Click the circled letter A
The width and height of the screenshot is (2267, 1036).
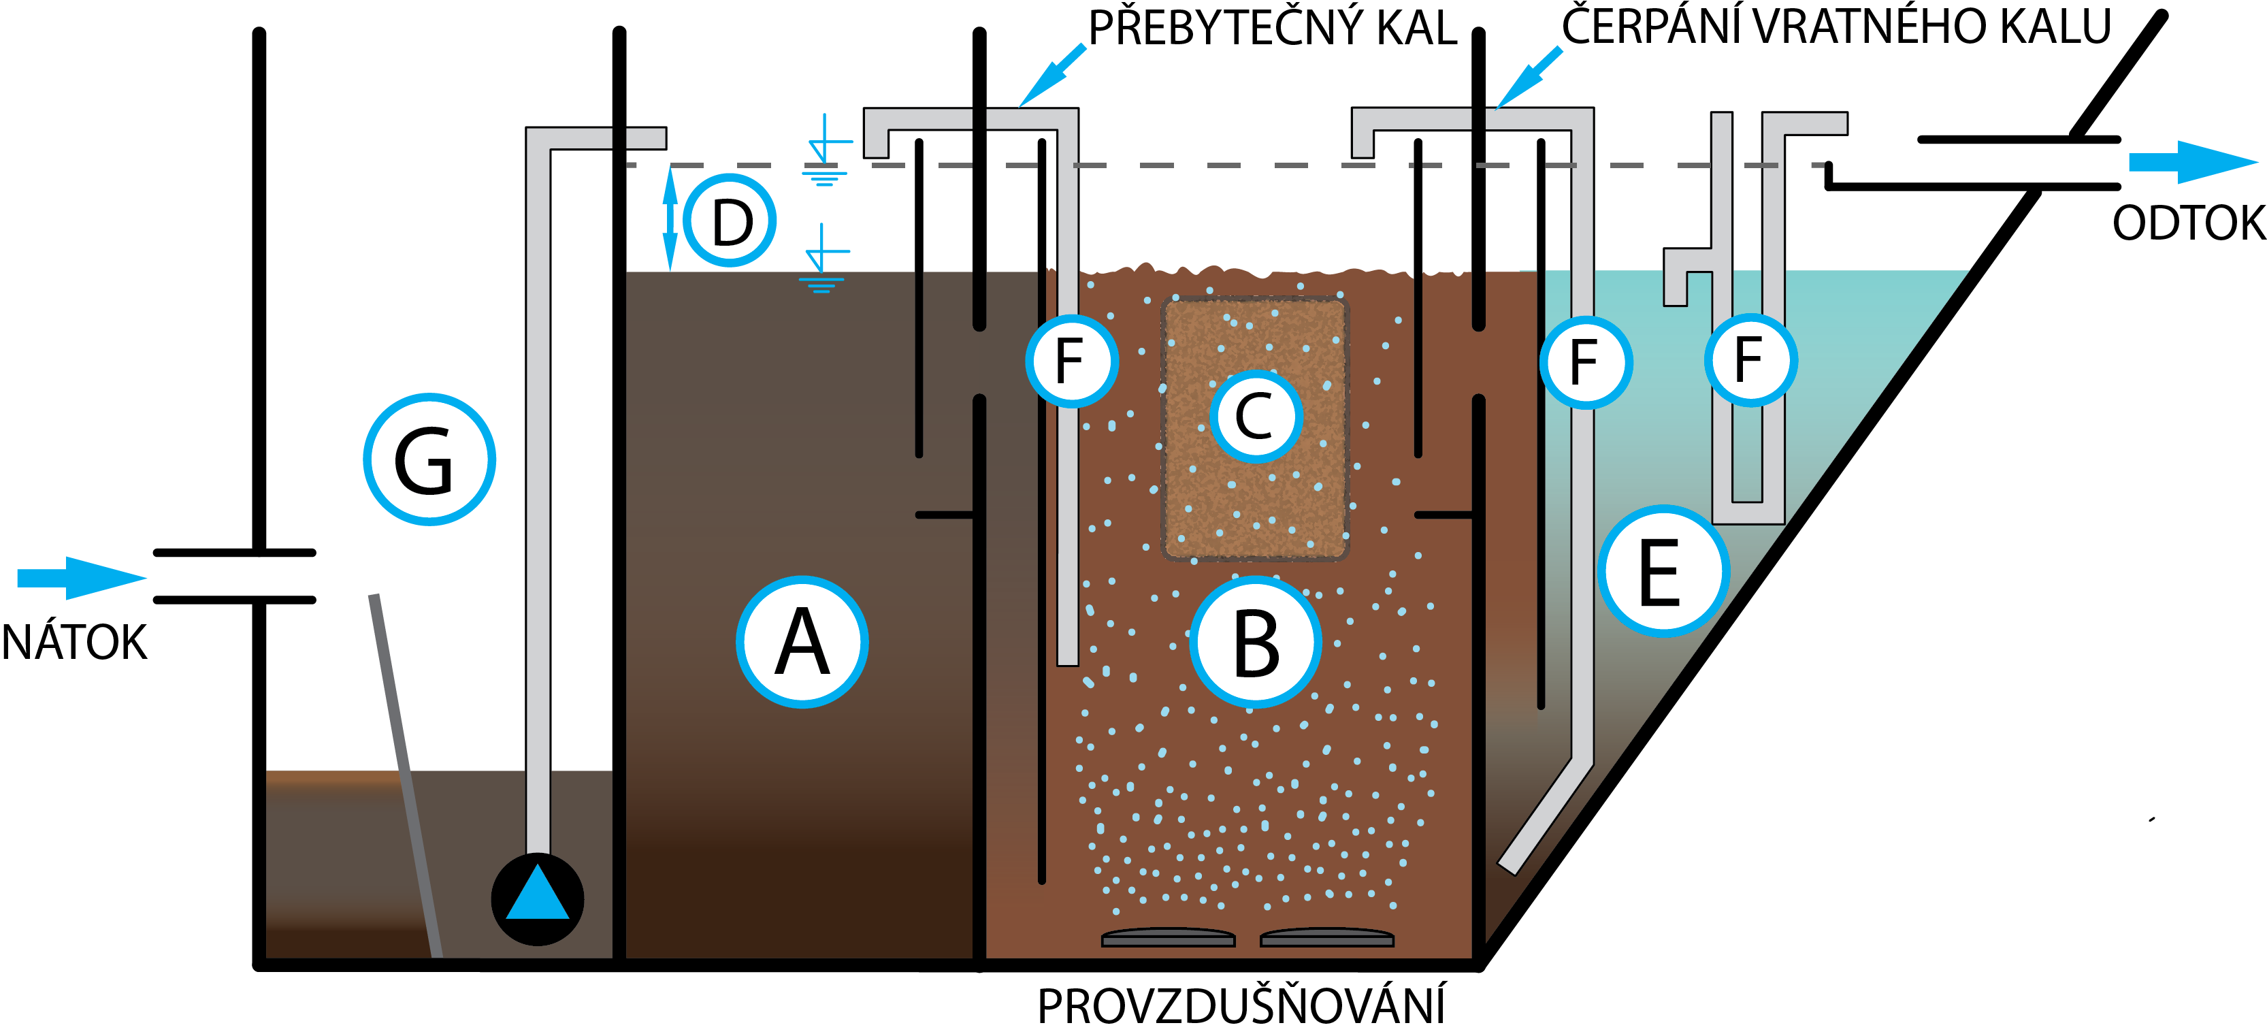(x=802, y=642)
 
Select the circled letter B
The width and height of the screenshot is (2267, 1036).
(x=1255, y=642)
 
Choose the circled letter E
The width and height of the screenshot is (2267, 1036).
(x=1663, y=571)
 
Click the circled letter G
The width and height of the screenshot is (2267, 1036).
(x=429, y=459)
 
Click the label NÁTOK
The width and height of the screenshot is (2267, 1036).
(x=74, y=642)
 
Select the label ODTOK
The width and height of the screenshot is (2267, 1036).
(x=2189, y=223)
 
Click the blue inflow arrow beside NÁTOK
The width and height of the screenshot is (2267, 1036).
(x=82, y=577)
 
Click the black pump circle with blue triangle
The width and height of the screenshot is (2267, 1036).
(x=537, y=899)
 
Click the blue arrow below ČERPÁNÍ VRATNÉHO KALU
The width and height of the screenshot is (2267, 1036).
(x=1529, y=77)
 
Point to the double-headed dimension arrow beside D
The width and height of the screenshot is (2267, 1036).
(x=670, y=219)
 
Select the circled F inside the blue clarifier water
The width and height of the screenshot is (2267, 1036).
(x=1750, y=359)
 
